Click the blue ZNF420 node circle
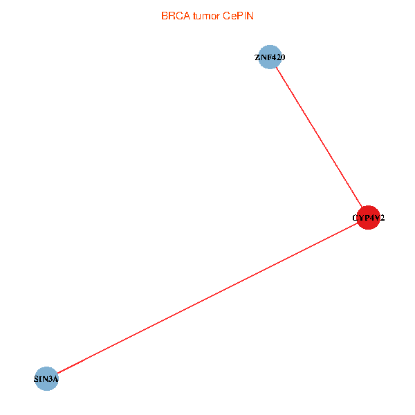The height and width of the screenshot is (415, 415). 268,57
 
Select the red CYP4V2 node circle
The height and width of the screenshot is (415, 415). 368,218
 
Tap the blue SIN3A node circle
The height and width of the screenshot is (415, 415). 46,378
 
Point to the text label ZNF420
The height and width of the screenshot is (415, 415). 269,57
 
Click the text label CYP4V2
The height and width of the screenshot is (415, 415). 368,218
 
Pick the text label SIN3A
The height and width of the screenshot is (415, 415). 46,379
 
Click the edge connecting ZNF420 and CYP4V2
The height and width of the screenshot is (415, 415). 318,138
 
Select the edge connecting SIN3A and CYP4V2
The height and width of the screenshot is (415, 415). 207,298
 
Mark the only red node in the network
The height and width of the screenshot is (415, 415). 368,218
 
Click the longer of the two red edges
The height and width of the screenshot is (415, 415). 207,298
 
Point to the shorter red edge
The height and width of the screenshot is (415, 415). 318,138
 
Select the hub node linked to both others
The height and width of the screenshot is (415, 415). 368,218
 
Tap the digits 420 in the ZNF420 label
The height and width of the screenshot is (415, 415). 277,57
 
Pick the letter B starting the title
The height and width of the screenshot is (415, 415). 164,15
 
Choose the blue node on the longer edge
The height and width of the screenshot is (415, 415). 46,378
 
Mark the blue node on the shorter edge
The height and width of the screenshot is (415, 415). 268,57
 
